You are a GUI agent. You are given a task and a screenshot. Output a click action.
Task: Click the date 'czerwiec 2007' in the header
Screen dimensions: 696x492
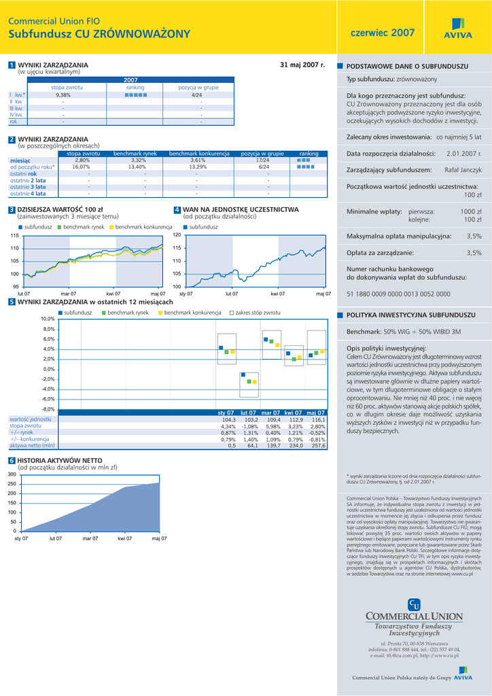tap(382, 33)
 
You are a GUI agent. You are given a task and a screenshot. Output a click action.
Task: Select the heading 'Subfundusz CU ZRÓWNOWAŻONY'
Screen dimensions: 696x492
tap(99, 34)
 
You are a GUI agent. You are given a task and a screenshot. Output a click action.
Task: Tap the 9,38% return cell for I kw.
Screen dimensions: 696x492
tap(63, 95)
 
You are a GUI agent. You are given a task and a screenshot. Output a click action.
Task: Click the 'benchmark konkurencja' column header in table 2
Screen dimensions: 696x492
tap(196, 154)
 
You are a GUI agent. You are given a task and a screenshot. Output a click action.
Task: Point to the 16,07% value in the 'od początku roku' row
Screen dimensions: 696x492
tap(82, 167)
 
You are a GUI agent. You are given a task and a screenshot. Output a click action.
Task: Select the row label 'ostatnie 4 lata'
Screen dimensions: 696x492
tap(28, 194)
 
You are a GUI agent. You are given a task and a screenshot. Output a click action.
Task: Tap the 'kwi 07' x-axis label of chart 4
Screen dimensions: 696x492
tap(277, 294)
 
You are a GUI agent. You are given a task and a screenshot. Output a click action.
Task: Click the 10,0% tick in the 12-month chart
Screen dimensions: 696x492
tap(48, 319)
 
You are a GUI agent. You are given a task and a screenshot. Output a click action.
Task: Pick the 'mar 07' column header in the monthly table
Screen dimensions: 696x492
tap(271, 413)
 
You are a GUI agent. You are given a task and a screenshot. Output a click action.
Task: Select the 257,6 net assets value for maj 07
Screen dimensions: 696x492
tap(318, 446)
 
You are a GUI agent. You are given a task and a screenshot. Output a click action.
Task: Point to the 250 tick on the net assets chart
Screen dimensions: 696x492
tap(12, 483)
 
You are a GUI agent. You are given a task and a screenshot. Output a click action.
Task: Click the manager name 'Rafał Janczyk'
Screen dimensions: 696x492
tap(463, 169)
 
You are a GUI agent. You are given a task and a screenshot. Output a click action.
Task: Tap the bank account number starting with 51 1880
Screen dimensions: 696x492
tap(398, 294)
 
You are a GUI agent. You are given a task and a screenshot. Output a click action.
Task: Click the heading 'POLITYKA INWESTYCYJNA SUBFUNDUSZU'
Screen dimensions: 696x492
tap(410, 315)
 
